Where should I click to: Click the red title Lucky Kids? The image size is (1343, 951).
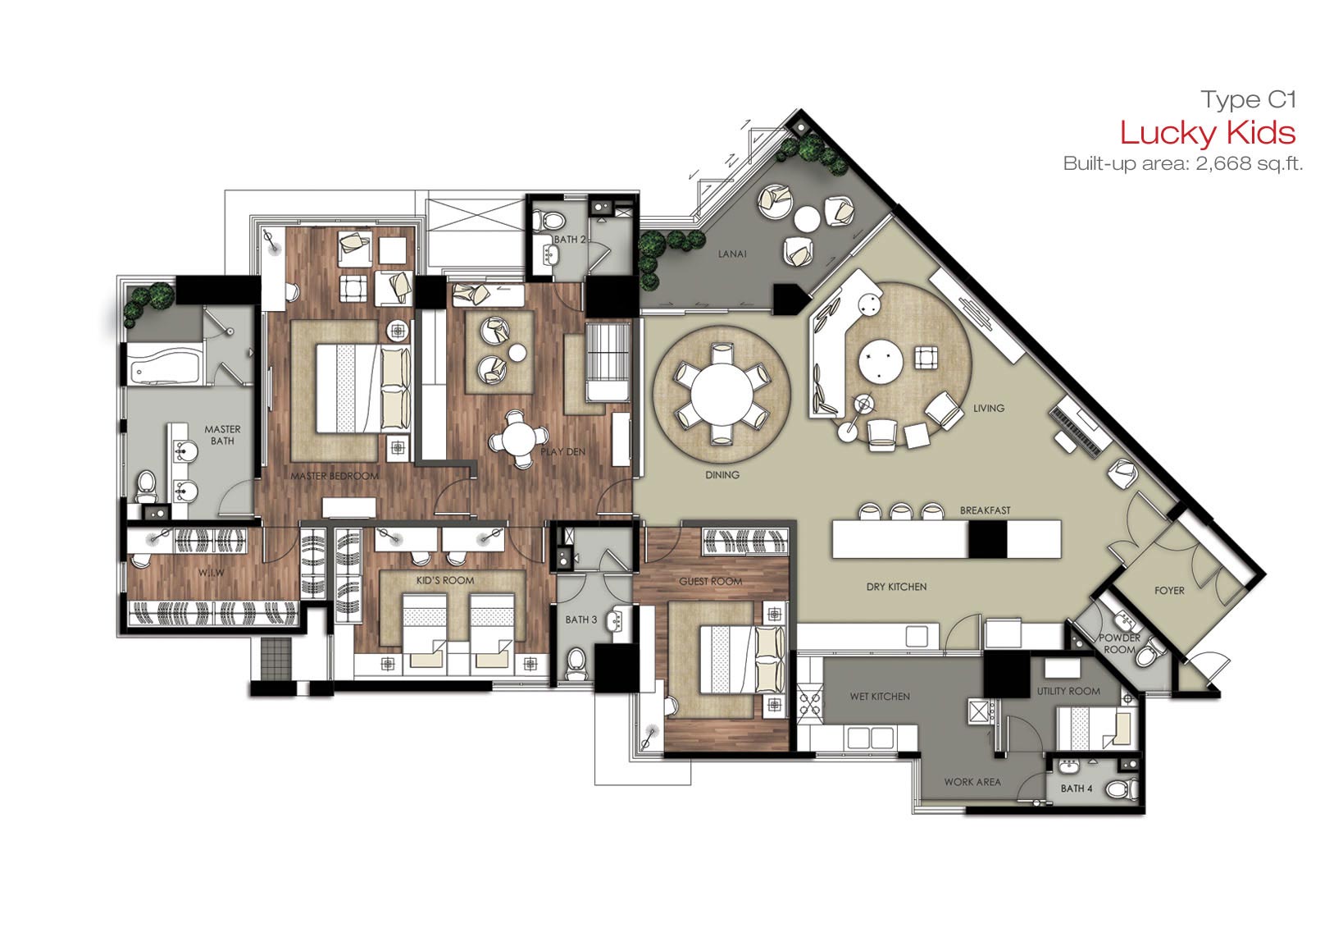pyautogui.click(x=1208, y=133)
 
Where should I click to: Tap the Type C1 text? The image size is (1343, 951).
pyautogui.click(x=1248, y=99)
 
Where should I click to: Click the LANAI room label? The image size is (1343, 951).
pyautogui.click(x=732, y=254)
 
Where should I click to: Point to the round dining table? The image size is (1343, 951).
pyautogui.click(x=722, y=394)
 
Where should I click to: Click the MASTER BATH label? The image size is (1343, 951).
pyautogui.click(x=222, y=435)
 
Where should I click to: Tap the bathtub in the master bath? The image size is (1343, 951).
pyautogui.click(x=162, y=365)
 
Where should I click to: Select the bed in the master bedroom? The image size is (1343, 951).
pyautogui.click(x=348, y=388)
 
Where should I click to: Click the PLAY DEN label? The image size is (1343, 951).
pyautogui.click(x=563, y=452)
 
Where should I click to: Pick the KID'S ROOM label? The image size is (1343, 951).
pyautogui.click(x=445, y=580)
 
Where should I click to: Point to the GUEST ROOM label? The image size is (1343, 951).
pyautogui.click(x=711, y=582)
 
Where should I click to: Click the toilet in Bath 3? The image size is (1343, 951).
pyautogui.click(x=577, y=664)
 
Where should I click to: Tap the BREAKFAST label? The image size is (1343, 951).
pyautogui.click(x=985, y=510)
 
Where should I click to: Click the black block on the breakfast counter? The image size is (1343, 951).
pyautogui.click(x=987, y=538)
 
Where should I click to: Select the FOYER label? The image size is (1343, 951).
pyautogui.click(x=1169, y=591)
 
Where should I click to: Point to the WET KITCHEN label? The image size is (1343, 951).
pyautogui.click(x=880, y=697)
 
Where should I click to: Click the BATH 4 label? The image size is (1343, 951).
pyautogui.click(x=1077, y=789)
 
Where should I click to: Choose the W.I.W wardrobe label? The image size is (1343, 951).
pyautogui.click(x=212, y=573)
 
